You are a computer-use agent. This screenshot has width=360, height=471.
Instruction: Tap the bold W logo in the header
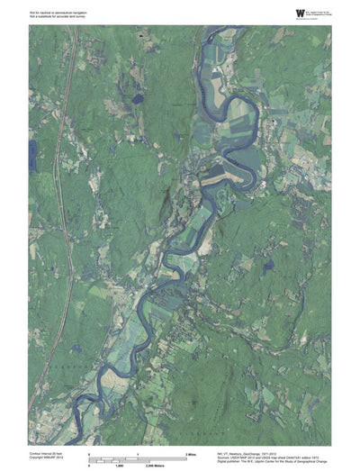[x=275, y=12]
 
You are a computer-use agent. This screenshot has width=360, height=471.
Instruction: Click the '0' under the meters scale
[x=89, y=465]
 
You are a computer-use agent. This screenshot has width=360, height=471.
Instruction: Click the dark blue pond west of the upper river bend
[x=137, y=98]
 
